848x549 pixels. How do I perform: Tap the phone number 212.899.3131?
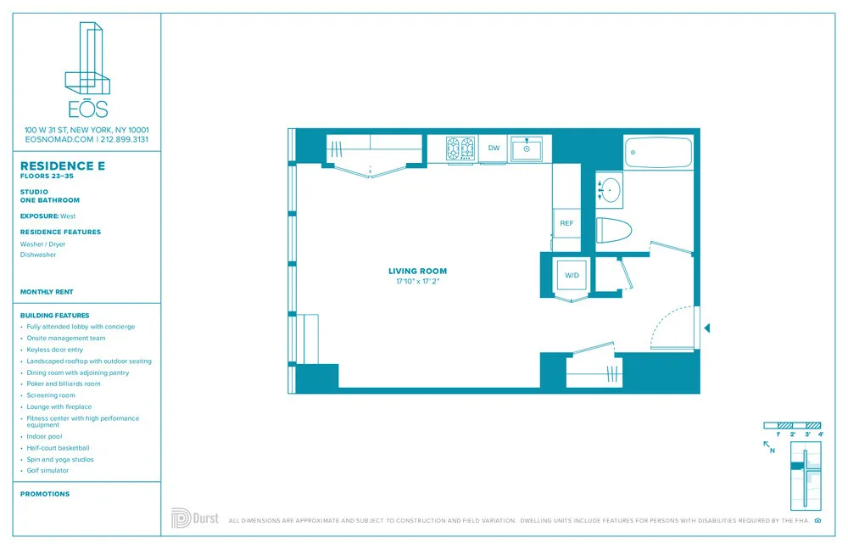point(126,139)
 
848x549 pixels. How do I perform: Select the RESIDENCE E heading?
point(63,165)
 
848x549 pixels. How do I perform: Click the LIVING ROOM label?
point(418,272)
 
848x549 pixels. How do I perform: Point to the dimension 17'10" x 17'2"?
point(418,281)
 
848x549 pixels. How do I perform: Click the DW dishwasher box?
point(494,148)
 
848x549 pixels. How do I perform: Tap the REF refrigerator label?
point(566,223)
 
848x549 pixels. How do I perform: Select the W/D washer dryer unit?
point(572,275)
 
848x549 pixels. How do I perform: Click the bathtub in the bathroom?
point(658,153)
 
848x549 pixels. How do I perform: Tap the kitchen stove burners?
point(461,149)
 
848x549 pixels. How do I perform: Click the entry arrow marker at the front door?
point(707,328)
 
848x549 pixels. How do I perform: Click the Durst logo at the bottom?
point(193,518)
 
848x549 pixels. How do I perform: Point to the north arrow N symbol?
point(769,447)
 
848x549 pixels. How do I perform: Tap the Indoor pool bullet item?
point(44,436)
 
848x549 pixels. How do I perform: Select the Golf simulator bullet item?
point(47,470)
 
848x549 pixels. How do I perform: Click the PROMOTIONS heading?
point(45,494)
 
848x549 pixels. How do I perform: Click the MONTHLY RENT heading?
point(47,292)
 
